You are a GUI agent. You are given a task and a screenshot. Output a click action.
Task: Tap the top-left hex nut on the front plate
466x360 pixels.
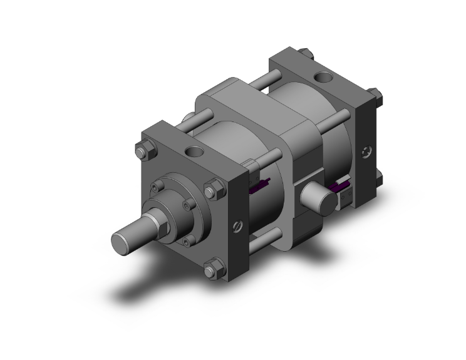(141, 151)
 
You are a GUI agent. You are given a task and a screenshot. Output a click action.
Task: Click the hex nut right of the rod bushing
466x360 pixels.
(212, 187)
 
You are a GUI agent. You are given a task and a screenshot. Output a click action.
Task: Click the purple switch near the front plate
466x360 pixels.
(257, 186)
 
